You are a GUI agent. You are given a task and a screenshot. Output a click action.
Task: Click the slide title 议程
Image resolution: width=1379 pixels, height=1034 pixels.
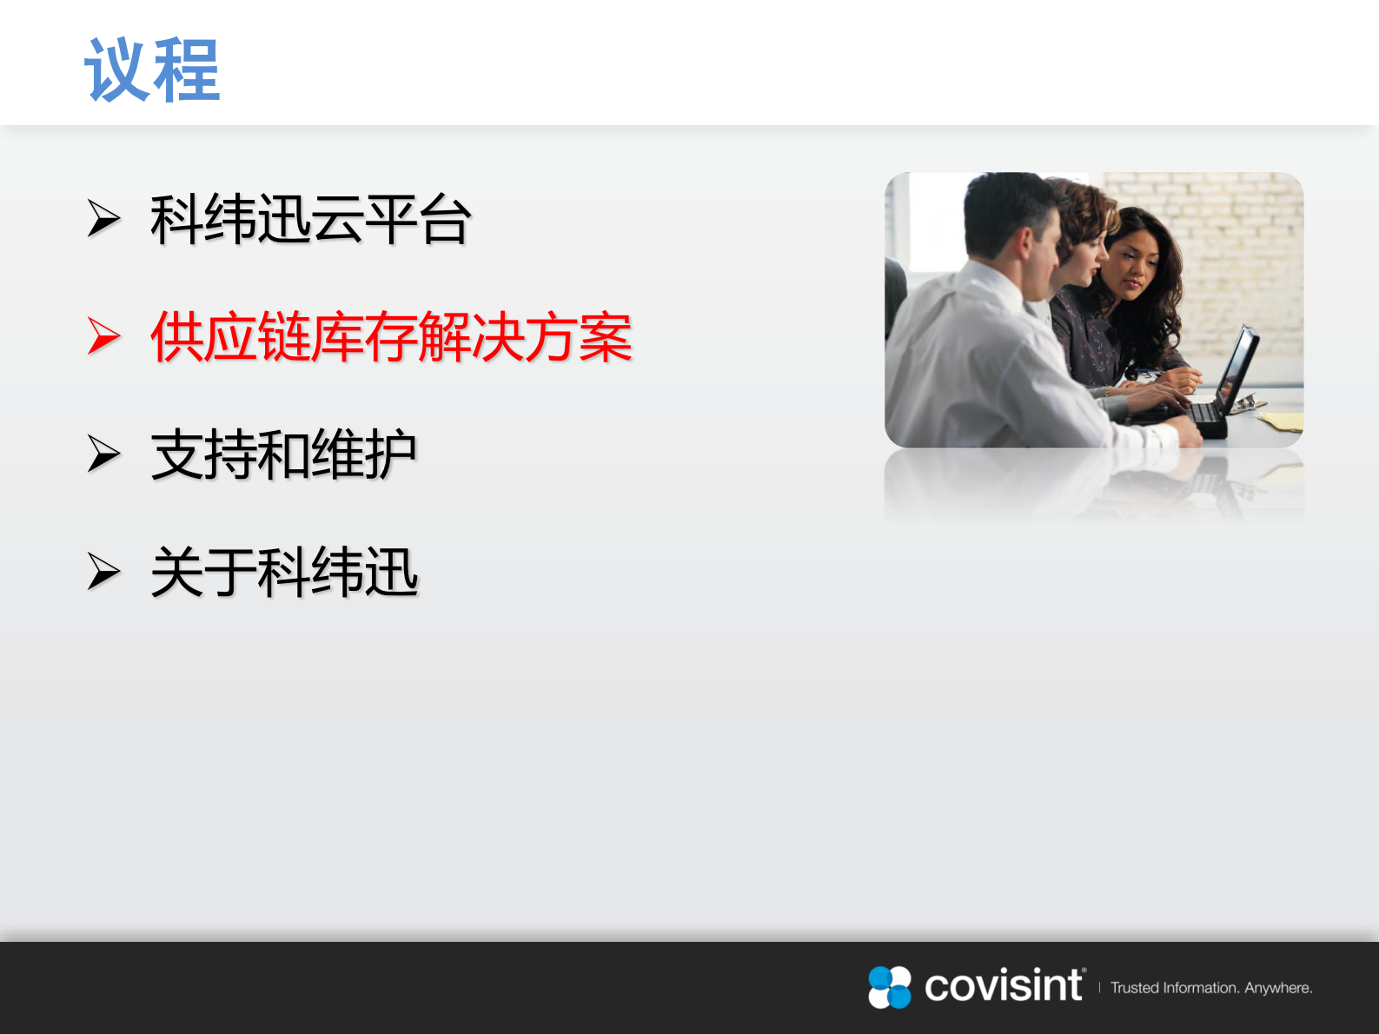click(152, 70)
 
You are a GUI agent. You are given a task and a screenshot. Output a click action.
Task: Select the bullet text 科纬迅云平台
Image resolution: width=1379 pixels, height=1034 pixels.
click(310, 220)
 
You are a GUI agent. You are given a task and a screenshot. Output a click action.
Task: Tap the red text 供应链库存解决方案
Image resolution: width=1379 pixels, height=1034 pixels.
click(391, 337)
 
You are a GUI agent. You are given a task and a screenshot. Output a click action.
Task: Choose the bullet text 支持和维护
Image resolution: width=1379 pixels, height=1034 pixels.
click(283, 454)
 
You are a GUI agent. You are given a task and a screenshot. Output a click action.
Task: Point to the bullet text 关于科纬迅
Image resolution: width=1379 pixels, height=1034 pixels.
click(284, 573)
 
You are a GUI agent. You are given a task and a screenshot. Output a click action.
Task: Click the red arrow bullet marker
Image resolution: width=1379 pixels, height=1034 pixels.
click(103, 337)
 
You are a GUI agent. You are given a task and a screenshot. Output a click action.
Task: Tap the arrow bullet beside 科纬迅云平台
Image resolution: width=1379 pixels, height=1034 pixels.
click(103, 219)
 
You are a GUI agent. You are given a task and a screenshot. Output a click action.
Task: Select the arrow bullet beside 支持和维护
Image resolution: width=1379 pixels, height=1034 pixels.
click(103, 454)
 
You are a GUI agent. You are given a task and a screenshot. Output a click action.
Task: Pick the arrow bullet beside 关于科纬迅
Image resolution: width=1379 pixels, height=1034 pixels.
click(103, 572)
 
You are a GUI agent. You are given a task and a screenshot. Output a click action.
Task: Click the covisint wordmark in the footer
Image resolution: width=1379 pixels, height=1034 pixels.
click(1004, 986)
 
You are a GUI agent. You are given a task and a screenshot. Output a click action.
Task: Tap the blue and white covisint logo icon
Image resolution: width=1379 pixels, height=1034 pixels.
click(890, 987)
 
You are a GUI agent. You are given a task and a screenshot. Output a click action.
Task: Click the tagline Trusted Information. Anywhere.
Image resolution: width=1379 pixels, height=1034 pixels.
click(1210, 988)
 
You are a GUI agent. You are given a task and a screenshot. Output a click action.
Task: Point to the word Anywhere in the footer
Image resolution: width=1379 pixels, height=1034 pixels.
click(1277, 988)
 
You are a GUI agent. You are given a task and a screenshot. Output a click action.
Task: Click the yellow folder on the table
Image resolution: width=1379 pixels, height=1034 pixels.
click(1282, 421)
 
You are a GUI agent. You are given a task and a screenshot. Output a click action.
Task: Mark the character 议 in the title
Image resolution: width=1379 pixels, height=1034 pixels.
click(117, 70)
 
